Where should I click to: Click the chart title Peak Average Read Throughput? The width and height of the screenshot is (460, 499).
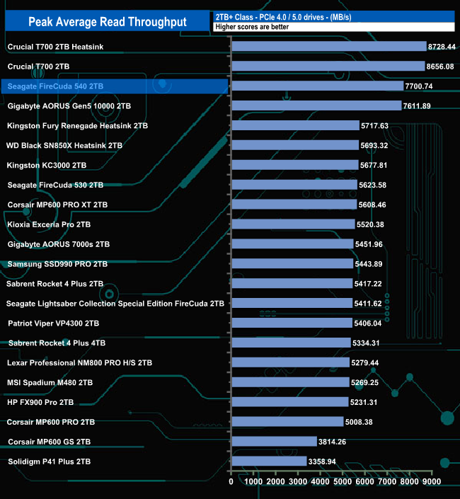click(108, 22)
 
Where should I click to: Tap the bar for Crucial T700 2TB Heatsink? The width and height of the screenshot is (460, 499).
click(328, 47)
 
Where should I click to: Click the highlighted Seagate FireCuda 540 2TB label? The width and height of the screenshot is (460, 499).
click(55, 86)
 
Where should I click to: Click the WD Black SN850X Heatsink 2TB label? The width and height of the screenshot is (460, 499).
click(64, 145)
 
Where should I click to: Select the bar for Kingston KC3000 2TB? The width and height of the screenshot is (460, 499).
click(294, 165)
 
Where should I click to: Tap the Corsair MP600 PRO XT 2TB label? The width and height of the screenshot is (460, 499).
click(57, 205)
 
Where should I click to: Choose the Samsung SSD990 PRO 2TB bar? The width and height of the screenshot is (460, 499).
click(292, 263)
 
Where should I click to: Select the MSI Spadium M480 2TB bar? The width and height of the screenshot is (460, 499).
click(290, 382)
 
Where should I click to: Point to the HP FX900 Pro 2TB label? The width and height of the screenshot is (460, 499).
click(40, 402)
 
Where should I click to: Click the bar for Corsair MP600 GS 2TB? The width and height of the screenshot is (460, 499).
click(274, 442)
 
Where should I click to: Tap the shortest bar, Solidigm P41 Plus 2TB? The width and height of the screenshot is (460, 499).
click(269, 461)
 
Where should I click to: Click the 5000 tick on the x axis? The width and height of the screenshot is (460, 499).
click(343, 482)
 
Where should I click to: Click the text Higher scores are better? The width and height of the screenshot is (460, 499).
click(248, 26)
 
